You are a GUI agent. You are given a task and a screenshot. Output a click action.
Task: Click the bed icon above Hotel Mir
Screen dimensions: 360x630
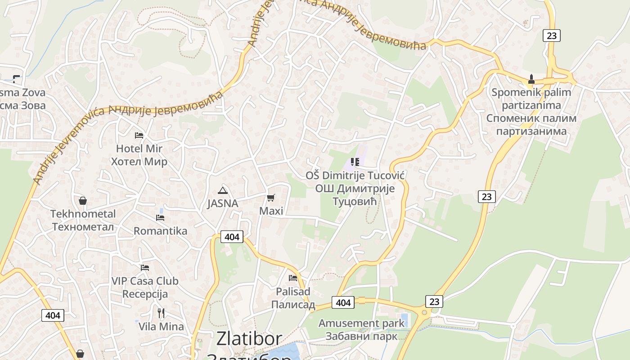point(139,135)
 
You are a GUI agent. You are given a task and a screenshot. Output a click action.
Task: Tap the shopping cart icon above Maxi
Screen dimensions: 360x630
point(271,198)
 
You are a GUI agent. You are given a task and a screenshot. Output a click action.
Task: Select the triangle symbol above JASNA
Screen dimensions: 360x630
point(222,190)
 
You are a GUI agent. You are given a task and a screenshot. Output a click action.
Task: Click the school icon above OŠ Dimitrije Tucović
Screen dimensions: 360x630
point(355,162)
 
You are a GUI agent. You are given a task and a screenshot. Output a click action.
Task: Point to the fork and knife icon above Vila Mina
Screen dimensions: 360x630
point(161,313)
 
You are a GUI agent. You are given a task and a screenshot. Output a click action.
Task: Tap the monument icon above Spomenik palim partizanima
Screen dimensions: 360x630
point(531,80)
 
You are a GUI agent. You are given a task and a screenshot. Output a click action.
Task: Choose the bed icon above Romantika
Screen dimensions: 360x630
point(160,218)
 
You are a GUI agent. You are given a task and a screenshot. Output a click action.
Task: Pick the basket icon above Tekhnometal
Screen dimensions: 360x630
point(83,201)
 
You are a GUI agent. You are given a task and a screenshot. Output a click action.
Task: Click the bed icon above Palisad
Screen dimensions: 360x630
point(293,278)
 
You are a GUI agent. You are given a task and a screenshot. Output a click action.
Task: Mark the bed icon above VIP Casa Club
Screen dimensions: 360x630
point(144,268)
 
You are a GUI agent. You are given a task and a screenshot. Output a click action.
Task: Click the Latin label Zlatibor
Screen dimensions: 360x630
point(249,339)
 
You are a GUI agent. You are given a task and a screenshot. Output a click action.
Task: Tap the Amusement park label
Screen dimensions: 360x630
point(362,323)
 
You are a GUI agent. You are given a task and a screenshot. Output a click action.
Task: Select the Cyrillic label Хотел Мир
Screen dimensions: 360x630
point(139,162)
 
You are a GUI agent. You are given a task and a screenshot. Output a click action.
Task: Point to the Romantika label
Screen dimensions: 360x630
point(160,231)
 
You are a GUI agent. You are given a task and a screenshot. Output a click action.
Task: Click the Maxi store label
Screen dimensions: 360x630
point(271,211)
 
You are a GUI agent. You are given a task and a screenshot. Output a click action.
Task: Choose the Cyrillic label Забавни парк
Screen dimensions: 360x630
point(361,336)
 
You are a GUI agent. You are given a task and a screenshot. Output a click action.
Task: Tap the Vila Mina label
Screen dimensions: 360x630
point(161,326)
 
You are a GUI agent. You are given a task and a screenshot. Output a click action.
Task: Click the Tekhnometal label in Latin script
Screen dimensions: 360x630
point(83,214)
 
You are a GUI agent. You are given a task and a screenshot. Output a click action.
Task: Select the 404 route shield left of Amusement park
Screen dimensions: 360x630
point(343,303)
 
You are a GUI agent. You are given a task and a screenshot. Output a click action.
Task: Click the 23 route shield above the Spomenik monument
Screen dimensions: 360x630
point(551,35)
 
